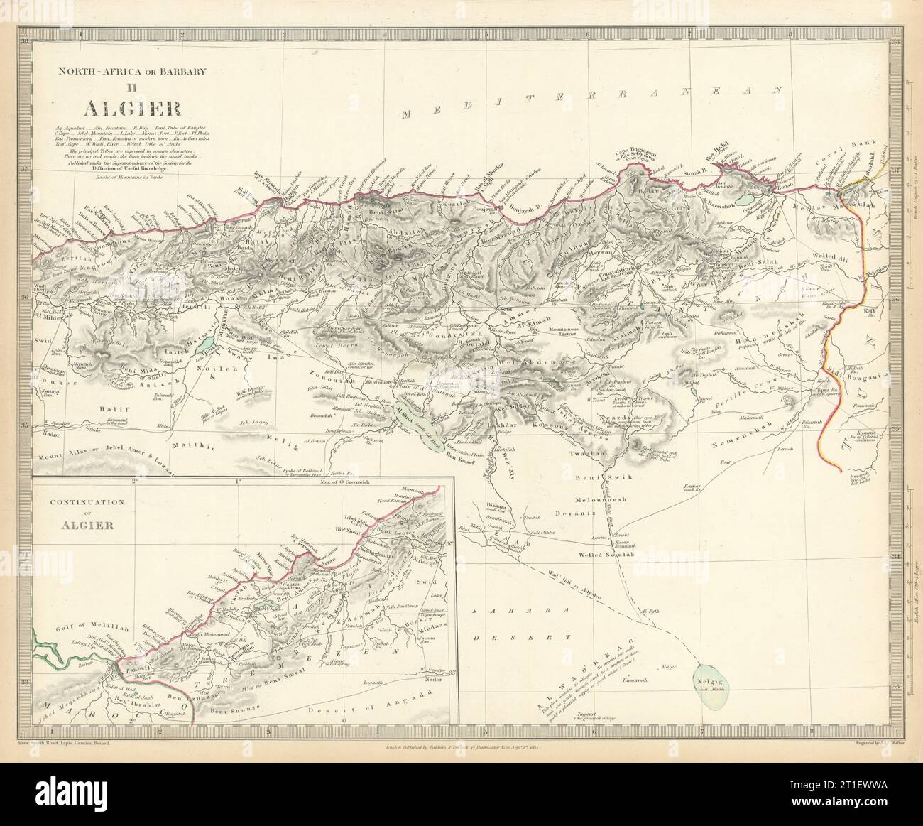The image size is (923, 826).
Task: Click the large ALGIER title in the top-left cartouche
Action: tap(133, 108)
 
